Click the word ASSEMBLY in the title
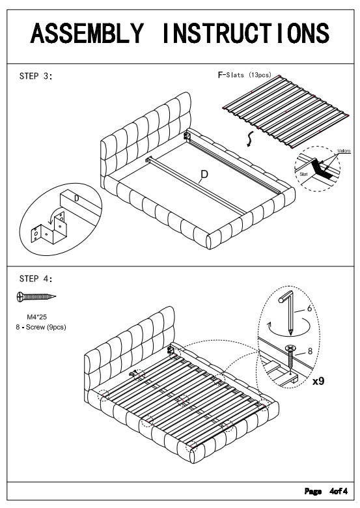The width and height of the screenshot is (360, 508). pyautogui.click(x=87, y=33)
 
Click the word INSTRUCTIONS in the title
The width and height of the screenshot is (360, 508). pyautogui.click(x=245, y=33)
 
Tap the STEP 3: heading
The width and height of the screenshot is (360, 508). pyautogui.click(x=36, y=76)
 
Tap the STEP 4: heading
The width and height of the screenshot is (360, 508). pyautogui.click(x=36, y=279)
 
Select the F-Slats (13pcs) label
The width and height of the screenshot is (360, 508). pyautogui.click(x=245, y=75)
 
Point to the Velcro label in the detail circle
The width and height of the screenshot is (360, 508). pyautogui.click(x=344, y=151)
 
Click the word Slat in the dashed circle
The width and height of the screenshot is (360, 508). pyautogui.click(x=303, y=174)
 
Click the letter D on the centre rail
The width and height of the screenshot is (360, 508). pyautogui.click(x=204, y=175)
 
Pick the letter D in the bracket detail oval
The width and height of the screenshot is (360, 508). pyautogui.click(x=76, y=198)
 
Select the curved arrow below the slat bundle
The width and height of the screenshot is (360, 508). pyautogui.click(x=248, y=139)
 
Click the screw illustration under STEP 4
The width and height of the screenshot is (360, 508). pyautogui.click(x=36, y=296)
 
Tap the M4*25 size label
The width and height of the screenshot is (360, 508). pyautogui.click(x=36, y=317)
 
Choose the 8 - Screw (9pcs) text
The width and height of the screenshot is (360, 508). pyautogui.click(x=41, y=327)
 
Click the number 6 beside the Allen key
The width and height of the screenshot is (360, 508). pyautogui.click(x=309, y=309)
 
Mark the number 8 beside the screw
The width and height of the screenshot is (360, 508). pyautogui.click(x=310, y=351)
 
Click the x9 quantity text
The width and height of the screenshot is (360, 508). pyautogui.click(x=318, y=381)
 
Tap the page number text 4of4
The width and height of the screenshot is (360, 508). pyautogui.click(x=339, y=491)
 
